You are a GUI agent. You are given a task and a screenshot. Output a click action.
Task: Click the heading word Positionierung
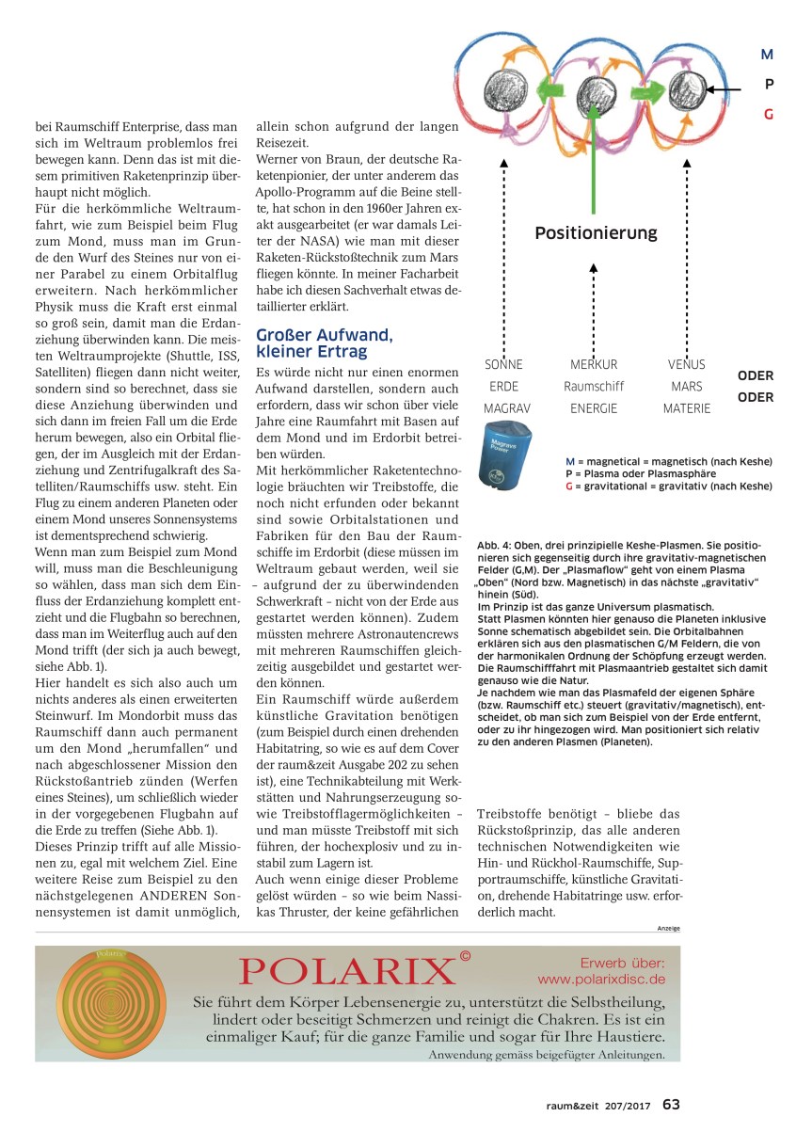(x=596, y=232)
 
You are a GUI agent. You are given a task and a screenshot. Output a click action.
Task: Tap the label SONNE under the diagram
(x=502, y=364)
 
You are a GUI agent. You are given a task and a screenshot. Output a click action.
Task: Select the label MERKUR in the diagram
(x=594, y=364)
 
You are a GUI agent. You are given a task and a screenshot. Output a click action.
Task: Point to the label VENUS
(x=686, y=364)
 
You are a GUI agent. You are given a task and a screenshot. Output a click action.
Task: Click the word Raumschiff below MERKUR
(x=594, y=386)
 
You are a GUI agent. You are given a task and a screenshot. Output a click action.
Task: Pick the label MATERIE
(x=686, y=408)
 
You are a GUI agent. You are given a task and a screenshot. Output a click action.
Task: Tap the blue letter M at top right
(x=767, y=56)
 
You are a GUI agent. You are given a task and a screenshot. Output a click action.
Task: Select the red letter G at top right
(x=768, y=115)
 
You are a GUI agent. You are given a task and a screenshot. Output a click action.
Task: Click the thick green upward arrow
(x=595, y=160)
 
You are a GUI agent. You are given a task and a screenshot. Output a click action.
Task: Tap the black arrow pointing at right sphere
(x=725, y=90)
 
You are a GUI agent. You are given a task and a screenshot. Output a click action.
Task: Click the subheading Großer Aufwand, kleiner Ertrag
(x=325, y=343)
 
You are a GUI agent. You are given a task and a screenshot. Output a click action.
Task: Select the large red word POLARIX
(x=346, y=970)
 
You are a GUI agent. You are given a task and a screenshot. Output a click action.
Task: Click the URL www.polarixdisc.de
(x=602, y=979)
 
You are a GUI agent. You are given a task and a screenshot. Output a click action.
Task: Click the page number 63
(x=671, y=1104)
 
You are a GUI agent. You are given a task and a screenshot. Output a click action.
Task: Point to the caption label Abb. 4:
(x=495, y=545)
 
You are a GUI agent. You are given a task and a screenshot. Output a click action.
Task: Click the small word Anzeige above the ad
(x=668, y=928)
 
